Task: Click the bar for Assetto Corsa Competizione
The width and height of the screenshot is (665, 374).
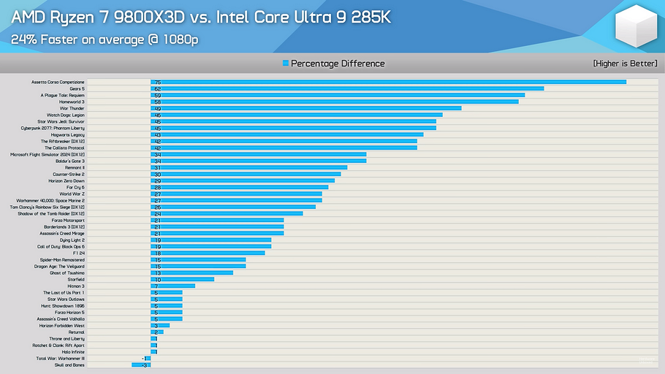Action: tap(388, 82)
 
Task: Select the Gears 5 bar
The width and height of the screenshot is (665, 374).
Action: tap(347, 88)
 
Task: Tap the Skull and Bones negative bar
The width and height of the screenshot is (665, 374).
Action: tap(140, 365)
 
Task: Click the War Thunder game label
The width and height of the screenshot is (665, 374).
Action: tap(72, 108)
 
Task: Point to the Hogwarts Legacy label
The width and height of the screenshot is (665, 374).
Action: tap(67, 134)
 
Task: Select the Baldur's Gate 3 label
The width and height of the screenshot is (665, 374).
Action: tap(70, 161)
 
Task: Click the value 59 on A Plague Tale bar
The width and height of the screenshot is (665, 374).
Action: tap(157, 95)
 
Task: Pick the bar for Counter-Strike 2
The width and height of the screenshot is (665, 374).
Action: tap(246, 174)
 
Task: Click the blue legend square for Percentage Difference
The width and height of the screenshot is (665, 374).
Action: tap(286, 64)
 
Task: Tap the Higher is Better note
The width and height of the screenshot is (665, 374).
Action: tap(625, 64)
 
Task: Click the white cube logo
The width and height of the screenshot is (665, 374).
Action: tap(636, 27)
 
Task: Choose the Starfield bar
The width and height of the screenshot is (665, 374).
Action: tap(182, 279)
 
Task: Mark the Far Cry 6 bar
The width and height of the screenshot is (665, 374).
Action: tap(239, 187)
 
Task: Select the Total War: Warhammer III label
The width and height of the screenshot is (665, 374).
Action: tap(61, 359)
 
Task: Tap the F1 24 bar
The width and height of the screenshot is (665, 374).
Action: tap(208, 253)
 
